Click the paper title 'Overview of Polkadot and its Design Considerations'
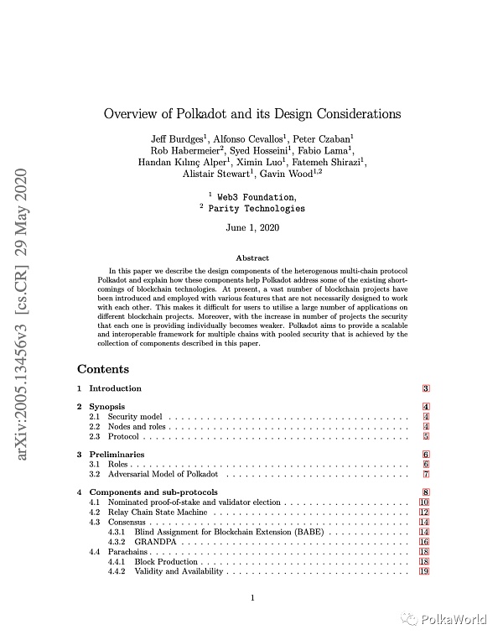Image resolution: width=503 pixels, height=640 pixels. click(x=251, y=114)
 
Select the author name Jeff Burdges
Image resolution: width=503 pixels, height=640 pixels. click(x=179, y=137)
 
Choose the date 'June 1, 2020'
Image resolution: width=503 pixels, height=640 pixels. click(x=251, y=227)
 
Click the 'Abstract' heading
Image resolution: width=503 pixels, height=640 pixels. click(x=251, y=258)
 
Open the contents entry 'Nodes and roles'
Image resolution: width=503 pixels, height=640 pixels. click(x=137, y=427)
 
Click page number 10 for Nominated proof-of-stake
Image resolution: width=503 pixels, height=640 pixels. click(x=424, y=502)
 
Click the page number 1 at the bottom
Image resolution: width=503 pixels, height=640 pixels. click(x=251, y=597)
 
